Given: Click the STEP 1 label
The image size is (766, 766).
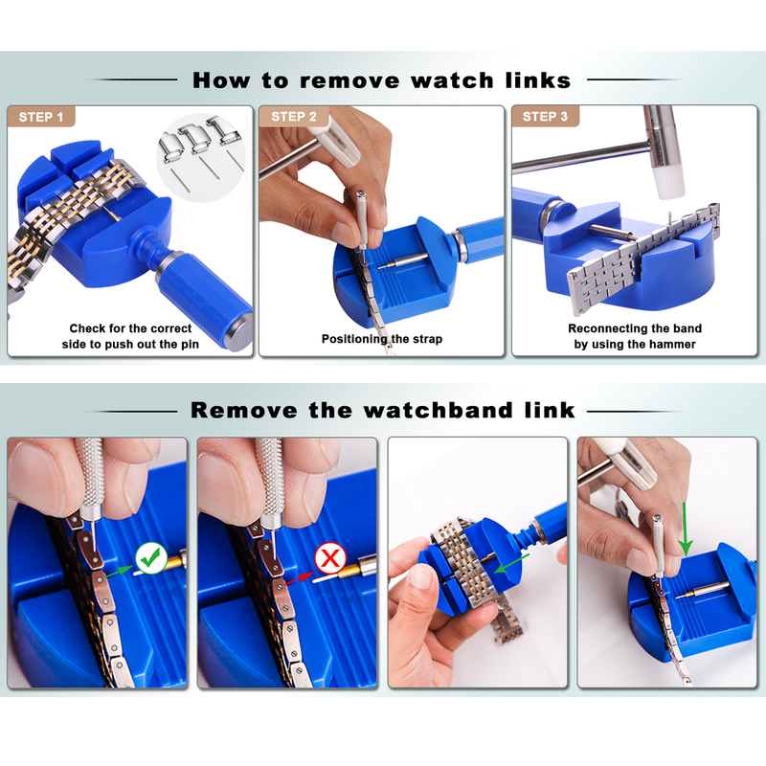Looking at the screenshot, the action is click(41, 117).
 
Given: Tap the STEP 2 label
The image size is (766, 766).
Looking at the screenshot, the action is click(294, 117).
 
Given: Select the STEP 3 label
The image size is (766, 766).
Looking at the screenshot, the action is click(545, 117).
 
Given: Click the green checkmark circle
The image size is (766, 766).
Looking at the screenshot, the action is click(151, 557).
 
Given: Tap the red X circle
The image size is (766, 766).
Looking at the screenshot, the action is click(330, 557).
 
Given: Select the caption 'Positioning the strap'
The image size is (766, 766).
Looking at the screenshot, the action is click(382, 339).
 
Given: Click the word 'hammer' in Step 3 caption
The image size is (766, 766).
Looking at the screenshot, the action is click(668, 344).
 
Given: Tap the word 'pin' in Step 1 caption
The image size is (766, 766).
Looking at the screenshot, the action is click(190, 345).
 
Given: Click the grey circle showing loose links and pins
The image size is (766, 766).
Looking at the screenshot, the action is click(200, 159).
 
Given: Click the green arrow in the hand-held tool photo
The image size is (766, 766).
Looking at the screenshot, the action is click(511, 563).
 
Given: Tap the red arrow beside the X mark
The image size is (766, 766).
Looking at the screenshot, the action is click(300, 578).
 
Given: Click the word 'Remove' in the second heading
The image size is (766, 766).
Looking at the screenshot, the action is click(244, 410).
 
